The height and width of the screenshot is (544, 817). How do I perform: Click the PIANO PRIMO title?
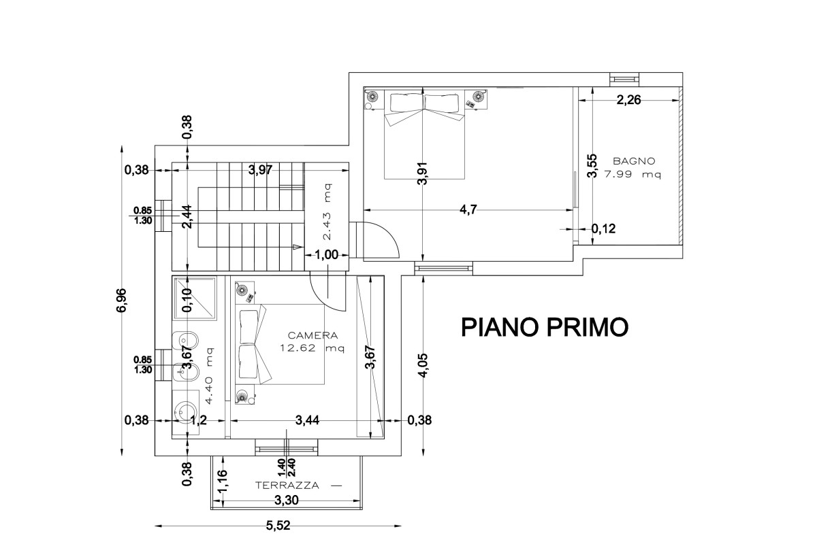point(545,327)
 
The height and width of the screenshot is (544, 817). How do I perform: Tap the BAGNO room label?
point(634,161)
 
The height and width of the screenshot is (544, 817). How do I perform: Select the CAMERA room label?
point(313,335)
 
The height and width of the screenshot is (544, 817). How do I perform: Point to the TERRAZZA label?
point(287,486)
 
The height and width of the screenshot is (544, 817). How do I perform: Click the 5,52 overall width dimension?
point(278,525)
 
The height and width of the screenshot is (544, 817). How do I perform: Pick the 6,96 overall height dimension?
point(121,301)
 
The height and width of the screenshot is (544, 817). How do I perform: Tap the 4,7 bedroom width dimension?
point(468,209)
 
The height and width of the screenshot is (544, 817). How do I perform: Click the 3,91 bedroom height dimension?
point(422,173)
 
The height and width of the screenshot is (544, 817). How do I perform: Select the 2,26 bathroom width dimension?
point(628,100)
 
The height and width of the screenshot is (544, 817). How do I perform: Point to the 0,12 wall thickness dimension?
point(603,229)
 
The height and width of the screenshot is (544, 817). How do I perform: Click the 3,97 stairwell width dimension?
point(260,170)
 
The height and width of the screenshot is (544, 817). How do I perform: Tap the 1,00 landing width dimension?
point(326,255)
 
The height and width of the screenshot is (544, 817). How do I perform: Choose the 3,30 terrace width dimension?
point(287,500)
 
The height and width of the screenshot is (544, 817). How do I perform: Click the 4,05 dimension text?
point(423,365)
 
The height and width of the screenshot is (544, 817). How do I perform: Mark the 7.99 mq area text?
point(632,174)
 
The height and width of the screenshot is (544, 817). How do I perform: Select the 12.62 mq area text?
point(313,348)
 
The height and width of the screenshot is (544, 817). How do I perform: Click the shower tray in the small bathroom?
point(195,299)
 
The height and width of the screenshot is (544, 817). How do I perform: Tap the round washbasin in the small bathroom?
point(185,411)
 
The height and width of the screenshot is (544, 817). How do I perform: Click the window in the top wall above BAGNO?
point(624,79)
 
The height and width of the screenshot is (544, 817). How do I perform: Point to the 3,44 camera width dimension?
point(307,420)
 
